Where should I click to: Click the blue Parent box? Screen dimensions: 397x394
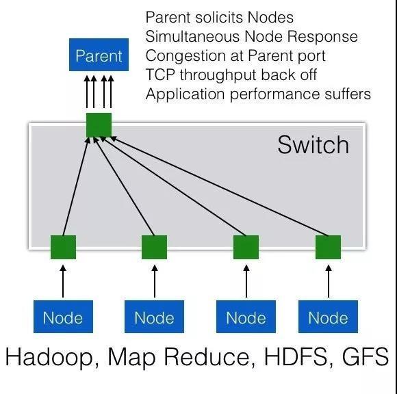point(99,55)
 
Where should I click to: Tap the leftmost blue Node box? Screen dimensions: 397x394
point(63,317)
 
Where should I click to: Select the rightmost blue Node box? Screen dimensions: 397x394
point(328,317)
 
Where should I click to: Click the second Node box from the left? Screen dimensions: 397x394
point(155,317)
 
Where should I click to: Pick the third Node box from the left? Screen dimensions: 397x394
point(246,317)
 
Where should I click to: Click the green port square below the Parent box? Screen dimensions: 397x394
point(99,125)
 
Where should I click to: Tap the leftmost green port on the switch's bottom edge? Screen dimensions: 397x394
point(63,247)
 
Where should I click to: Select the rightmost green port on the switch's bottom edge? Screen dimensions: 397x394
point(328,247)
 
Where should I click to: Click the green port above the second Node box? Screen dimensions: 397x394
point(155,247)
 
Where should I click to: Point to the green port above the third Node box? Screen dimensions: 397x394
point(246,247)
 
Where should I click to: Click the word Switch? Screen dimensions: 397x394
point(313,145)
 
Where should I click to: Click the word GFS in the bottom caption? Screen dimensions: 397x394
point(366,356)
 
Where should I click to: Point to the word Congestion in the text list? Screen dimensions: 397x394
point(186,56)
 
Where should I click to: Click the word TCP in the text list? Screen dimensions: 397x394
point(160,75)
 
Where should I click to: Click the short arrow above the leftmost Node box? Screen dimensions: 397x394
point(63,281)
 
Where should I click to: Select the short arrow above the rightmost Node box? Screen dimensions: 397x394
point(329,281)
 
